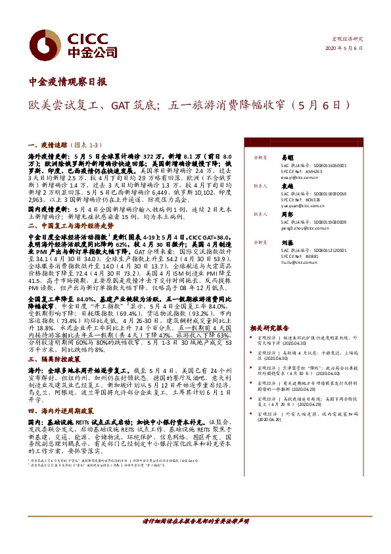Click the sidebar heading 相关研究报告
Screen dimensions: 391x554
pyautogui.click(x=269, y=327)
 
